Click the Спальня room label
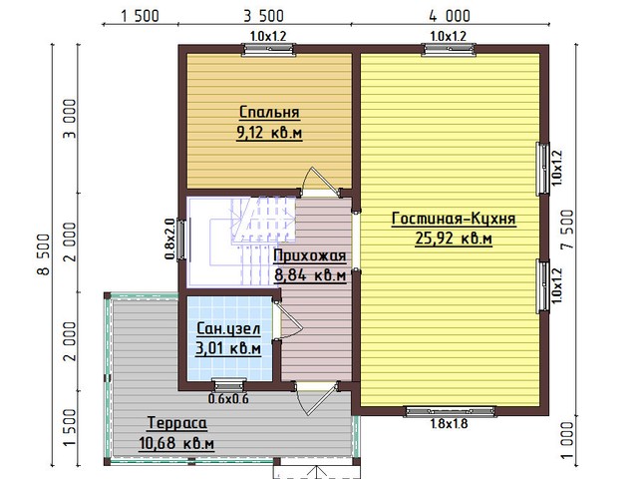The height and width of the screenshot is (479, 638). pos(269,112)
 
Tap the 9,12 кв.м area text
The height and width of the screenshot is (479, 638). pos(269,133)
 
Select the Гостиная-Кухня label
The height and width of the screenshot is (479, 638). pos(454,219)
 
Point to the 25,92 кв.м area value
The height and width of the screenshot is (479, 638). pos(454,239)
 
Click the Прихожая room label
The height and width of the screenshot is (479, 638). pos(310,255)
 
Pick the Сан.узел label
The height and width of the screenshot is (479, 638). pos(228,328)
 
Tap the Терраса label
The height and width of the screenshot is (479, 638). pos(177,423)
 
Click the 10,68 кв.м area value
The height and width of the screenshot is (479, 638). pos(176,443)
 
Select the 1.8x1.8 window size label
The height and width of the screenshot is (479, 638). pos(450,424)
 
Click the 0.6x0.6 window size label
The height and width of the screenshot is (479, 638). pos(228,399)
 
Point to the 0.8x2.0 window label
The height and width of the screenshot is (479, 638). pos(170,239)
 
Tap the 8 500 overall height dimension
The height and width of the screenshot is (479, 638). pos(44,254)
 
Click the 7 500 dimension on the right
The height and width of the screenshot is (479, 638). pos(567,230)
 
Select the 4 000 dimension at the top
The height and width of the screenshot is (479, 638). pos(450,16)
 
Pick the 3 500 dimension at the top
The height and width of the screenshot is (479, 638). pos(263,16)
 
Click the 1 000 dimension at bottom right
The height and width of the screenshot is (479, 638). pos(567,440)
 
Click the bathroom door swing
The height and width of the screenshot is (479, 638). pos(289,320)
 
